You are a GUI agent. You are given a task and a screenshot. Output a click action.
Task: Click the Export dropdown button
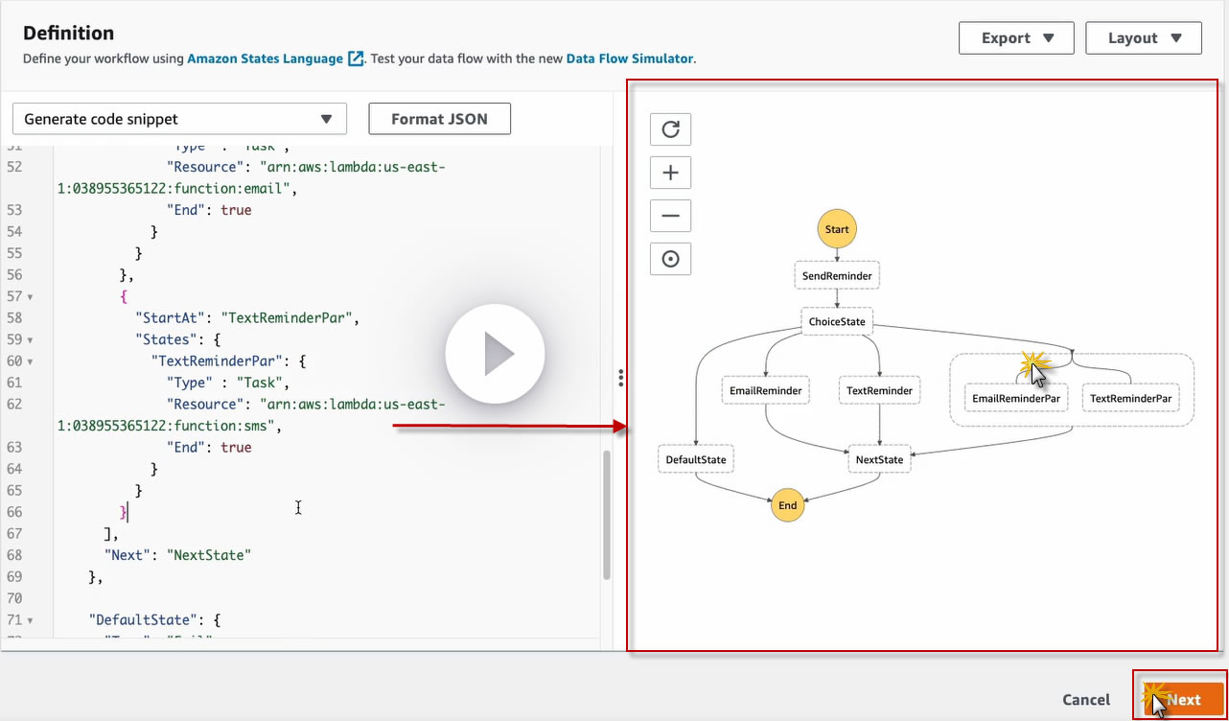pos(1017,38)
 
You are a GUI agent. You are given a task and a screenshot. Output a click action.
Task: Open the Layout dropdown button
pos(1144,38)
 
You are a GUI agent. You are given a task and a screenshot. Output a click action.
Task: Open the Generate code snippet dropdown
pos(179,119)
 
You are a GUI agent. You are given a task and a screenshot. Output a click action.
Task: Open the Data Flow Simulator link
pos(629,58)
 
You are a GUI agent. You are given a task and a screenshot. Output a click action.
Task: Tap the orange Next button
pos(1183,699)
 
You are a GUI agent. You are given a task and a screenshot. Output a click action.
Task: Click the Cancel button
pos(1086,700)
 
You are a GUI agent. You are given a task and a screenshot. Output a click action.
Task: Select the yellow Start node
pos(837,230)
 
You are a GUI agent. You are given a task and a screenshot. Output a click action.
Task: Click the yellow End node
pos(787,505)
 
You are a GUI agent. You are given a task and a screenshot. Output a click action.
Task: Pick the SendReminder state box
pos(837,276)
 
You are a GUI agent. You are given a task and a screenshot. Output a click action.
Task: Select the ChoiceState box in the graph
pos(837,322)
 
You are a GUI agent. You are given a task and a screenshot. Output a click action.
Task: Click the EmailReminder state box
pos(765,390)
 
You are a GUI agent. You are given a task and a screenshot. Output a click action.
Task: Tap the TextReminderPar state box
pos(1130,398)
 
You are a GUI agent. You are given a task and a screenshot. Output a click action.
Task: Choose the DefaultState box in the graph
pos(696,459)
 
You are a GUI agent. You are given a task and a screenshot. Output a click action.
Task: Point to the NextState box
pos(879,459)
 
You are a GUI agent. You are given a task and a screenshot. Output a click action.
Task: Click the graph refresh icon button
pos(670,129)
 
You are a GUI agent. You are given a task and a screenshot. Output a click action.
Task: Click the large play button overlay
pos(495,354)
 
